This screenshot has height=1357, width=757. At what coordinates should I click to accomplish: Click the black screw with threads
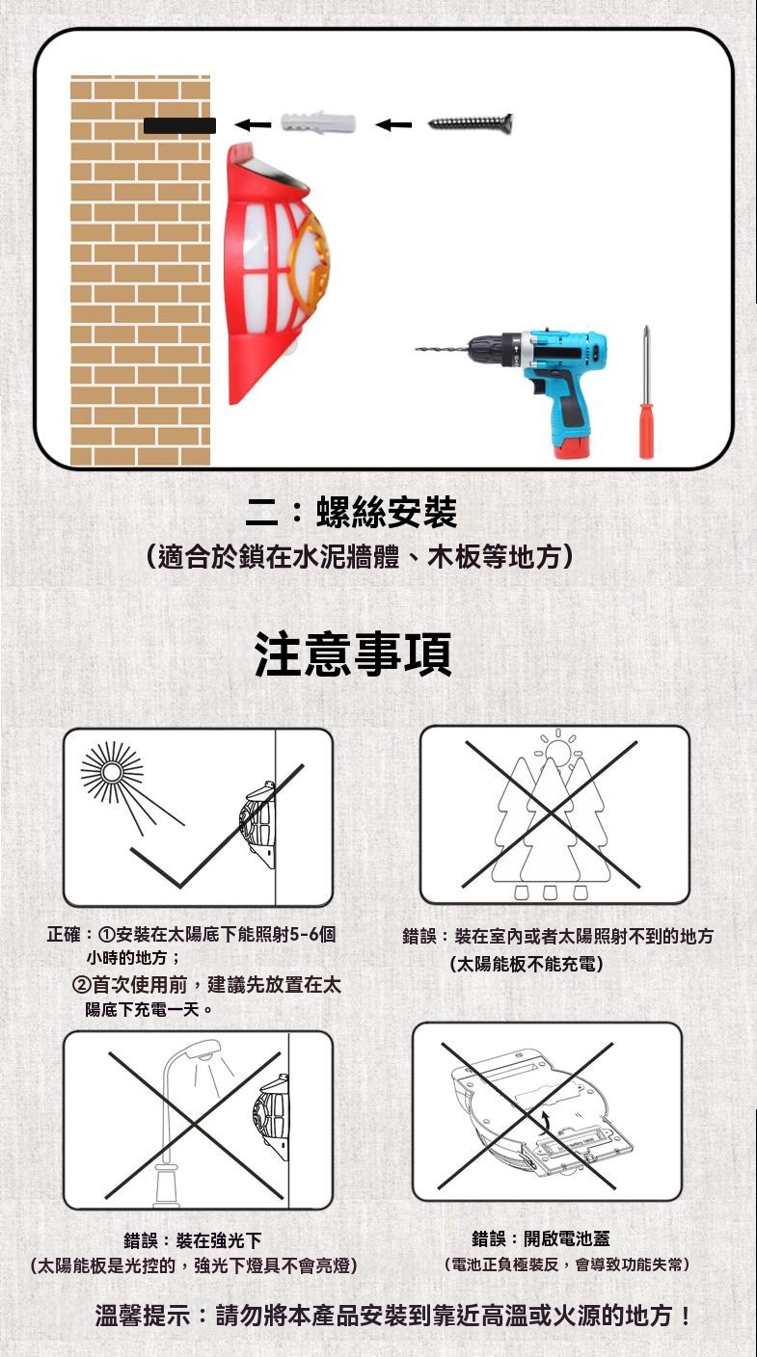coord(471,123)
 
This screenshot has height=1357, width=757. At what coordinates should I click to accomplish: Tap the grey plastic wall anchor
coord(318,123)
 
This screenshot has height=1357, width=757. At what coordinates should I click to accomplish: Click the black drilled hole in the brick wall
coord(179,125)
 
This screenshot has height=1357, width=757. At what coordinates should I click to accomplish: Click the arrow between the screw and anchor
coord(393,124)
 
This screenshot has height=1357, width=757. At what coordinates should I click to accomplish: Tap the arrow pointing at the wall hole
coord(253,124)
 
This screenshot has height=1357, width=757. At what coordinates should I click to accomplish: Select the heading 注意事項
coord(353,653)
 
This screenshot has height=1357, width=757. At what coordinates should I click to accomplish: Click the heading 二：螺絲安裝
coord(352,513)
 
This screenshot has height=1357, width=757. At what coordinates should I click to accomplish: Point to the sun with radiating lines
coord(113,772)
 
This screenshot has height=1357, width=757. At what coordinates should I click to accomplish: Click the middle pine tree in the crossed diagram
coord(551,821)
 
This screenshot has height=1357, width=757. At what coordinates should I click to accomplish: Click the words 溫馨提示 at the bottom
coord(143,1316)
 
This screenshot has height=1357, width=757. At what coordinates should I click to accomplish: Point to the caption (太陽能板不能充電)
coord(527,963)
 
